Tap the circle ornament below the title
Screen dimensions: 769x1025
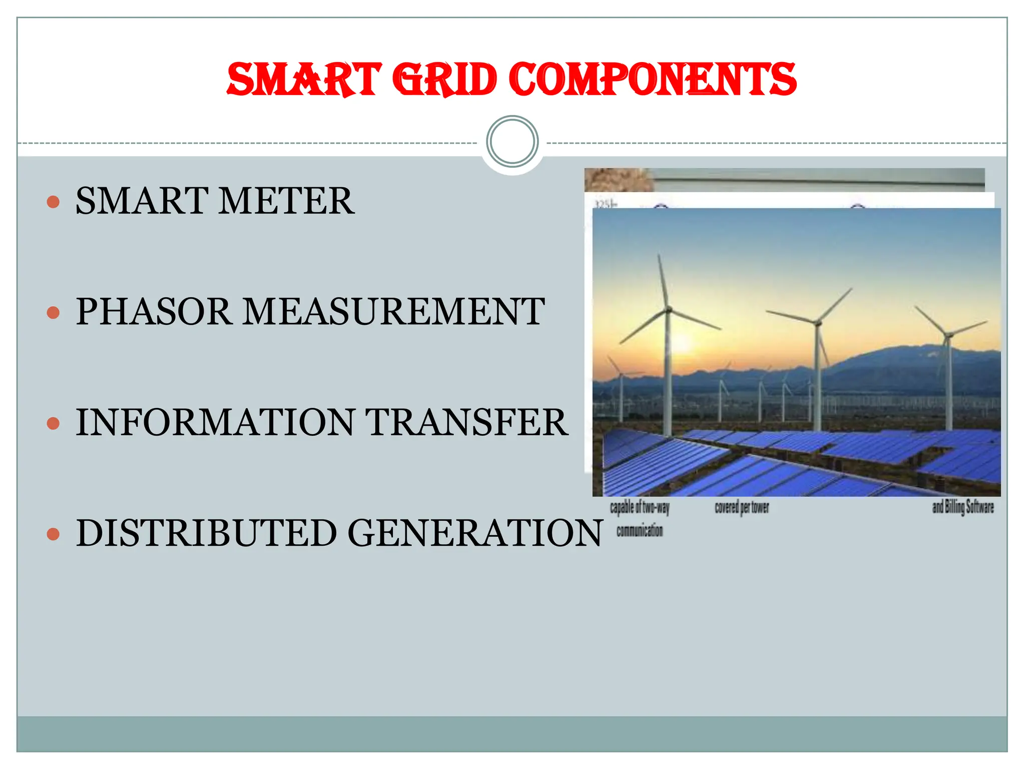pyautogui.click(x=512, y=141)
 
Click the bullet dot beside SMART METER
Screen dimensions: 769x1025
pyautogui.click(x=53, y=202)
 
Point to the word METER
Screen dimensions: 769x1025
pyautogui.click(x=286, y=201)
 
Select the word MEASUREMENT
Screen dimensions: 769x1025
pyautogui.click(x=394, y=311)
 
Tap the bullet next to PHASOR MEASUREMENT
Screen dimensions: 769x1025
pyautogui.click(x=53, y=313)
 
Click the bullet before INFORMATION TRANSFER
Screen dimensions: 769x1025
pyautogui.click(x=53, y=424)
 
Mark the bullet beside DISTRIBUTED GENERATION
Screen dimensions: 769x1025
pyautogui.click(x=53, y=534)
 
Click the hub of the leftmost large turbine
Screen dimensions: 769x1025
pyautogui.click(x=668, y=310)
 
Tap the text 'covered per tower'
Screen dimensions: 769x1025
pyautogui.click(x=742, y=507)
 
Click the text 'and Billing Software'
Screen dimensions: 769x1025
pyautogui.click(x=962, y=507)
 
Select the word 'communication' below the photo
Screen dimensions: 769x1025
pyautogui.click(x=640, y=531)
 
